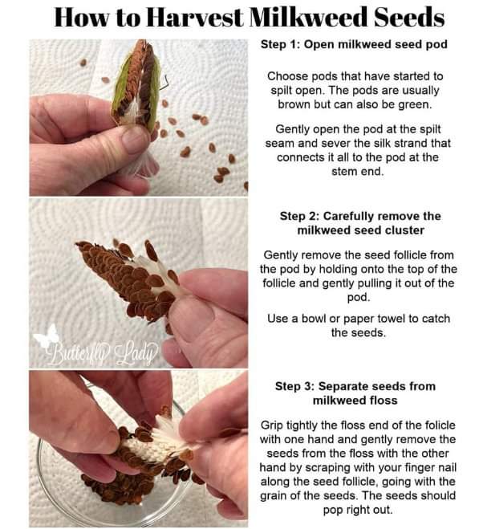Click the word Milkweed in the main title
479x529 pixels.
(x=310, y=17)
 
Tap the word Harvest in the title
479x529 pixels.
(x=195, y=17)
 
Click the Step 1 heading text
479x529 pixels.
(x=354, y=44)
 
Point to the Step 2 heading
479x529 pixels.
(x=360, y=223)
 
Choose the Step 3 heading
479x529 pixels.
(x=355, y=393)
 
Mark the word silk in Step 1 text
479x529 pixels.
(x=381, y=143)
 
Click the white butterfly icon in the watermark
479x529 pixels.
(x=47, y=336)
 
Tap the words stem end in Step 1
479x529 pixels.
(x=358, y=172)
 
